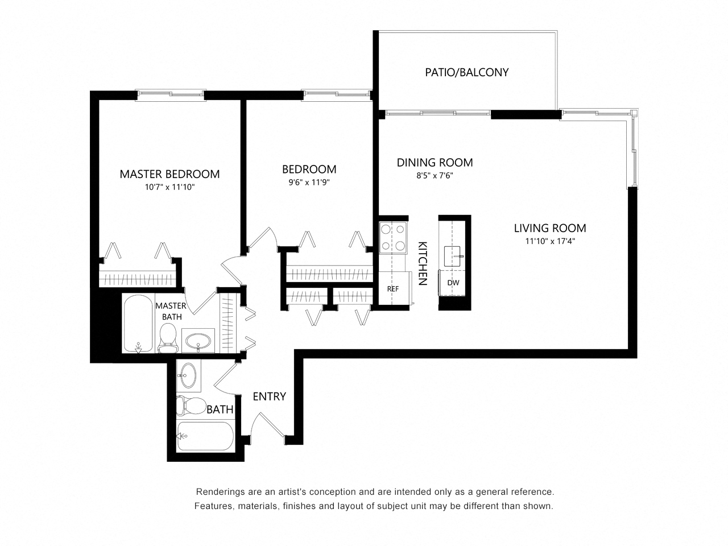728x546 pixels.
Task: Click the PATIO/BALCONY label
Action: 466,72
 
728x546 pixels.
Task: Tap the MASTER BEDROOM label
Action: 169,174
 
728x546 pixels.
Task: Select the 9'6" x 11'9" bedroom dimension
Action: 309,183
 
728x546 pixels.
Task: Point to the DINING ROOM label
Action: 435,163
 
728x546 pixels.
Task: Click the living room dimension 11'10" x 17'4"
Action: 549,241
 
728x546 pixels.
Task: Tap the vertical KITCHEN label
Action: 422,263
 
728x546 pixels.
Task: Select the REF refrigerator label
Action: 392,289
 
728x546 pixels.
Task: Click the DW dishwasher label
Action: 453,283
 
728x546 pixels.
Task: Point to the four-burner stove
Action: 393,238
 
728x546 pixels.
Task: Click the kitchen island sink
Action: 452,257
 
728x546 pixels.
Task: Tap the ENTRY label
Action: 270,396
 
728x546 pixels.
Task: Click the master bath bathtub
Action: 138,324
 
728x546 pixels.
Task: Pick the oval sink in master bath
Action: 198,341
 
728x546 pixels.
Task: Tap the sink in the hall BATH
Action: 188,376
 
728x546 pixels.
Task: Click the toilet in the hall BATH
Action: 191,406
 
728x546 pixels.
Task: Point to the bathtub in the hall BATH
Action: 205,436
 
